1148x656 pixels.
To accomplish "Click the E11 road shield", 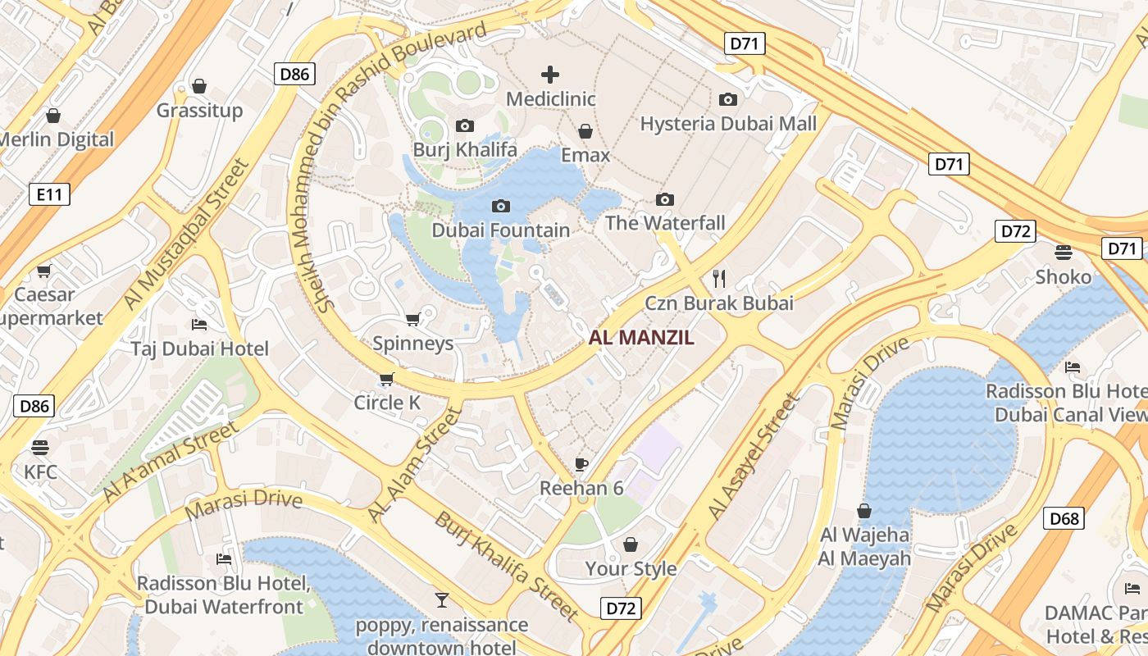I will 49,194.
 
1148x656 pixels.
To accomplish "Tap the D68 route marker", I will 1064,518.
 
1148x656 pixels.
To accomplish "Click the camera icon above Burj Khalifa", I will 465,126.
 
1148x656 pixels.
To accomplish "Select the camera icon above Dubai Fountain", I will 500,206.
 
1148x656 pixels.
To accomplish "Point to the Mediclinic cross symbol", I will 550,75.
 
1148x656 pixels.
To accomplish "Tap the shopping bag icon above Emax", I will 585,131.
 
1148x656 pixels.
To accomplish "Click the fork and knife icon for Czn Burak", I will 719,279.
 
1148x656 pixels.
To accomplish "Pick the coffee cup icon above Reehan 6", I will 581,465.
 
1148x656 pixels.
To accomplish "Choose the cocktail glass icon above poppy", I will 442,600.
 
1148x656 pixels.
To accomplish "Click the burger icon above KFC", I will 40,448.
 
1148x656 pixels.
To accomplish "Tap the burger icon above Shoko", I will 1064,253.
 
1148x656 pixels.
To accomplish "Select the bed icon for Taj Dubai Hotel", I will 199,325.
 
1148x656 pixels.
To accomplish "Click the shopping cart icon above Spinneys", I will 413,319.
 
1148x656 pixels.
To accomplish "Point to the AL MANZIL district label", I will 641,337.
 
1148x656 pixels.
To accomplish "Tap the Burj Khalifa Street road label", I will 506,566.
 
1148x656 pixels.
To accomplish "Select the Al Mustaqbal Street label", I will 188,233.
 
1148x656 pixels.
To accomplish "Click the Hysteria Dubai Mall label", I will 728,124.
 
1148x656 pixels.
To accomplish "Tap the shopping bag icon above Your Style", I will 631,544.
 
